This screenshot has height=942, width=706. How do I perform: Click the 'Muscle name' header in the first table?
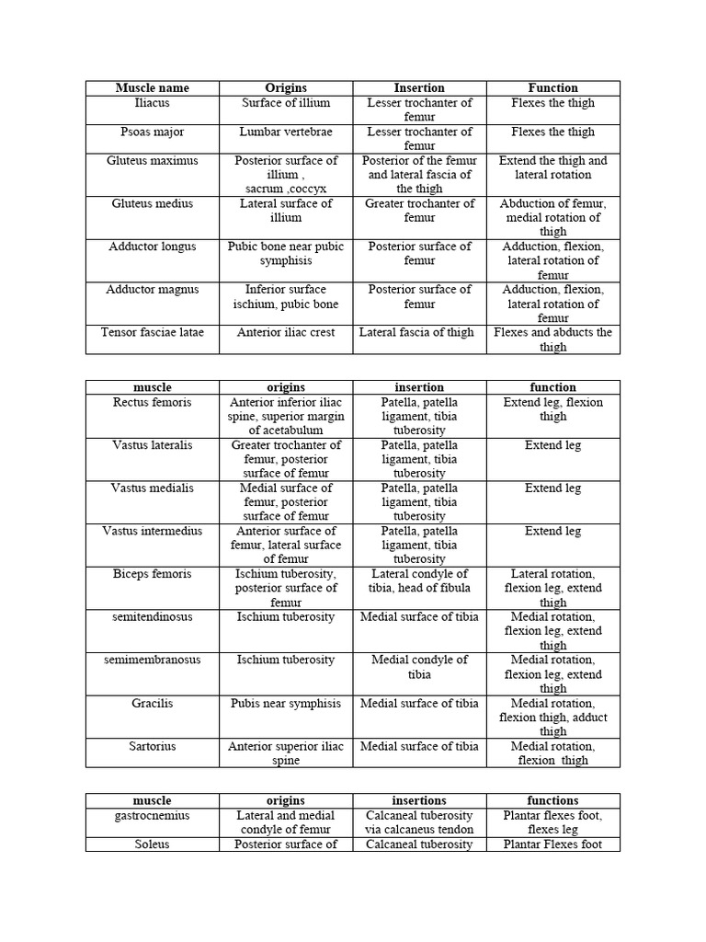(153, 88)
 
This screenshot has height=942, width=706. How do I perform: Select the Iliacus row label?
(153, 103)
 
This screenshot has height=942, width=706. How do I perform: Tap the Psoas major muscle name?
(153, 132)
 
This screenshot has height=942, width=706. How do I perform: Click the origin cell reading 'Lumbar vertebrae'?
(286, 132)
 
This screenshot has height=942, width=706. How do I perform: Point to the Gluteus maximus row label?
(153, 160)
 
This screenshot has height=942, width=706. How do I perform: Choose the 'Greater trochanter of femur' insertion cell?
(420, 211)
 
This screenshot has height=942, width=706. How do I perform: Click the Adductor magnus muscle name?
(153, 290)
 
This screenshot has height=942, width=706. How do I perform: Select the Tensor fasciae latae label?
(153, 332)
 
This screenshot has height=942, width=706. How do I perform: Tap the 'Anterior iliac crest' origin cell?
(286, 332)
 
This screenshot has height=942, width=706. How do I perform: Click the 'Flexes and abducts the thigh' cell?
(553, 339)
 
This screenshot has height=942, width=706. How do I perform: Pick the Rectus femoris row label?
(153, 402)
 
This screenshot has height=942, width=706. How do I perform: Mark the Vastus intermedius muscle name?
(153, 531)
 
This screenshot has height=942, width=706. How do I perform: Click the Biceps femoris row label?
(153, 574)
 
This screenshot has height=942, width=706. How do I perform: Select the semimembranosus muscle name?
(153, 660)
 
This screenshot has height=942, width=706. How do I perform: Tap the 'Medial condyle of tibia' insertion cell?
(420, 667)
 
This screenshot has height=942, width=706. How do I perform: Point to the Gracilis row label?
(153, 703)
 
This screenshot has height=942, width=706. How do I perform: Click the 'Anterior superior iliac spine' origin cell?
(286, 753)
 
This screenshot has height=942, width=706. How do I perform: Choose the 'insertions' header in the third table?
(420, 800)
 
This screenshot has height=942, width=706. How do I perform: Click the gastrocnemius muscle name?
(153, 815)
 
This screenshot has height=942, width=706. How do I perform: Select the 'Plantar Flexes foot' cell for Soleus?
(553, 844)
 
